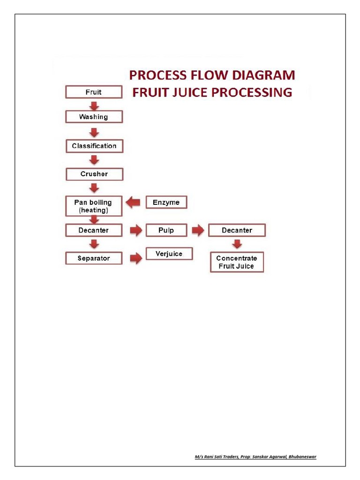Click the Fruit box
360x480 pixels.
tap(94, 92)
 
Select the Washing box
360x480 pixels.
tap(94, 117)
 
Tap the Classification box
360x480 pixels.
tap(94, 146)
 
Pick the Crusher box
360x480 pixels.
tap(94, 174)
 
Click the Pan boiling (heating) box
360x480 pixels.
tap(94, 206)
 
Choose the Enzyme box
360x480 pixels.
tap(166, 202)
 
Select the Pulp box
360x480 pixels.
tap(166, 230)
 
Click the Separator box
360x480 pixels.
tap(94, 258)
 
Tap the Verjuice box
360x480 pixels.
tap(169, 254)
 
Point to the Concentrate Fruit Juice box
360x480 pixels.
tap(237, 262)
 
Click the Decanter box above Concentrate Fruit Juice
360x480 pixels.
tap(237, 230)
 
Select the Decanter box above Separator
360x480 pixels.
tap(94, 230)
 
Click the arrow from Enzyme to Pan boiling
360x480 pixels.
tap(134, 202)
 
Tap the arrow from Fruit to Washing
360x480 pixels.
tap(94, 105)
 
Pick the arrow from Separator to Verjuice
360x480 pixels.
tap(135, 258)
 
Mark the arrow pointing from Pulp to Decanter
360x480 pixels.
tap(198, 230)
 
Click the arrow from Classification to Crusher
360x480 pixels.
tap(94, 160)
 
